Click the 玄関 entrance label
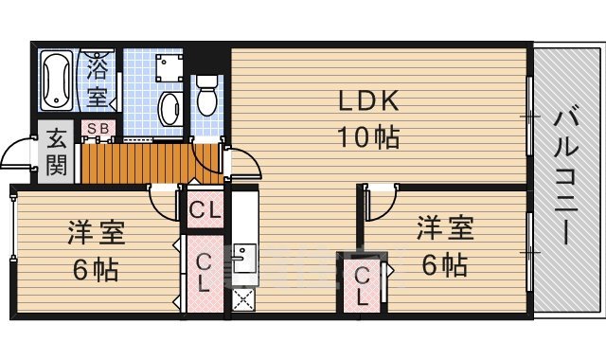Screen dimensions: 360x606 pyautogui.click(x=56, y=153)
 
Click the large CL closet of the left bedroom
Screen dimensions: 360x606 pyautogui.click(x=204, y=272)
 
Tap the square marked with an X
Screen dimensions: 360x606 pyautogui.click(x=243, y=300)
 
